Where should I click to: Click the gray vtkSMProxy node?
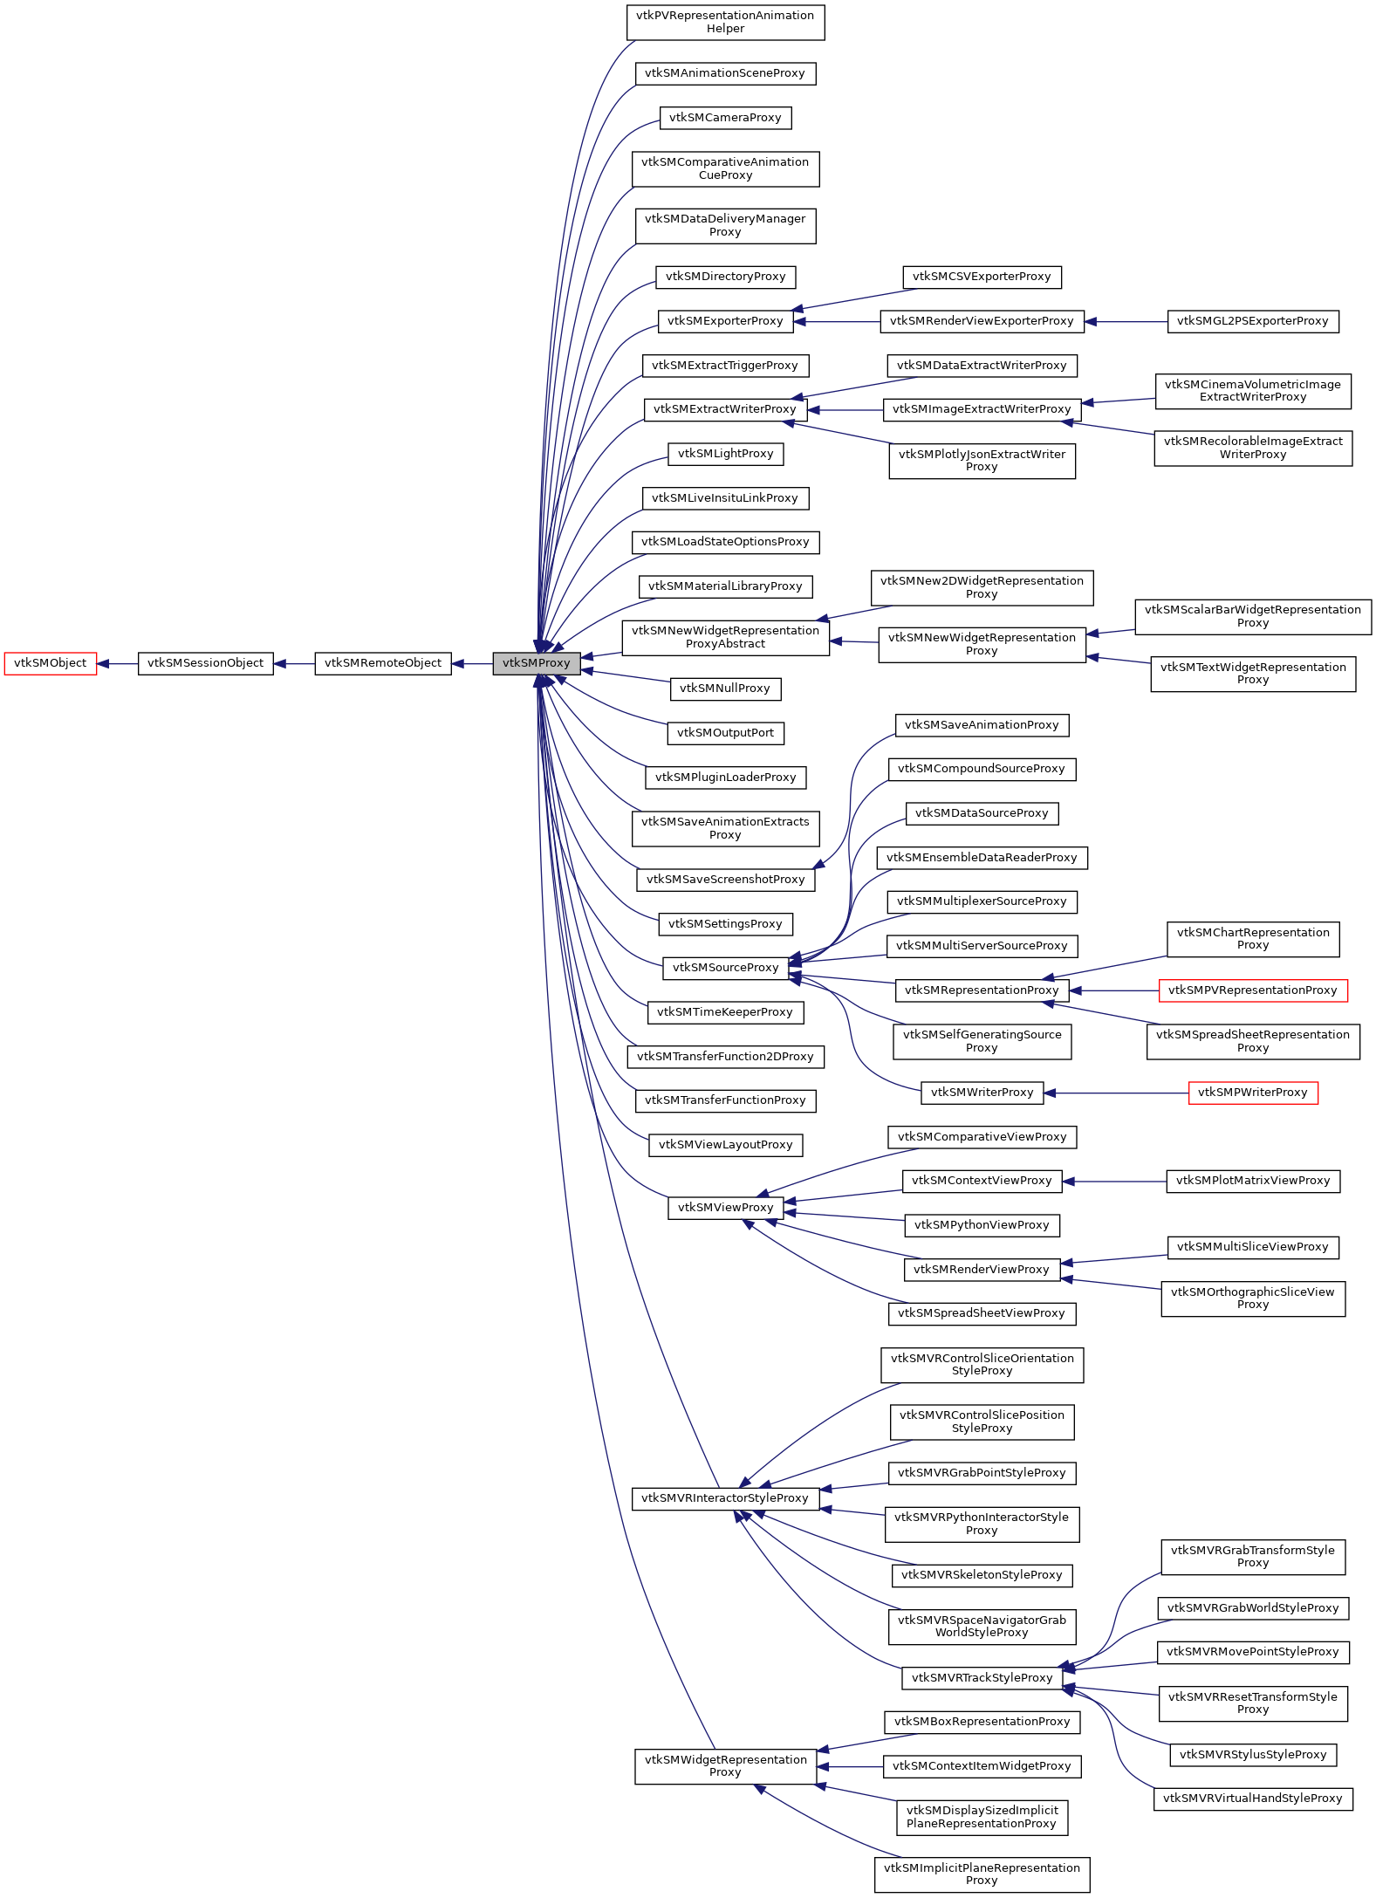click(x=536, y=663)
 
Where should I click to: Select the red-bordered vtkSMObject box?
click(x=50, y=663)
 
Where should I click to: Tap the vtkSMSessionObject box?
click(x=205, y=663)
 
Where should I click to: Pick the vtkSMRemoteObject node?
click(x=382, y=663)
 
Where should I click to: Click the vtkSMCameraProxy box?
click(x=725, y=118)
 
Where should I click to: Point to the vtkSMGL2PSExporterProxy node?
click(x=1252, y=321)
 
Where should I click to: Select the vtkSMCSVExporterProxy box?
click(x=982, y=277)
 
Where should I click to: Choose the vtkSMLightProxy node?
click(x=725, y=454)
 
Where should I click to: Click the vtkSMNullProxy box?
click(x=724, y=689)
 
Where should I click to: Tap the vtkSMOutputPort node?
click(x=725, y=733)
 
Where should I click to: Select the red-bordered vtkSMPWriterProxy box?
click(x=1252, y=1093)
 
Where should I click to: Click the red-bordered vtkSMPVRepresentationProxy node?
click(x=1252, y=990)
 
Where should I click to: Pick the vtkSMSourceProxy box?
click(x=725, y=968)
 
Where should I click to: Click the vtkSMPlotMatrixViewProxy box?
click(x=1252, y=1181)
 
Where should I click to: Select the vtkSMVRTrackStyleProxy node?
click(x=982, y=1677)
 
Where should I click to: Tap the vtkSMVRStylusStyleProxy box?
click(x=1252, y=1754)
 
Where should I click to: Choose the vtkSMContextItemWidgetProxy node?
click(x=982, y=1766)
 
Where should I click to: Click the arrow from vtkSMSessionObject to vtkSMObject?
click(x=117, y=664)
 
